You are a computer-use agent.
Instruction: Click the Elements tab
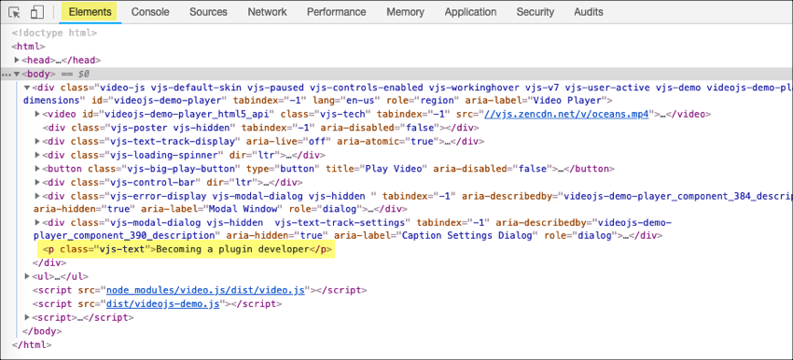(x=90, y=12)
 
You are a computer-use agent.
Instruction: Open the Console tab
(x=150, y=12)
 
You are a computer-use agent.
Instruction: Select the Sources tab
(x=208, y=12)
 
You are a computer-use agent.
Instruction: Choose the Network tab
(x=267, y=12)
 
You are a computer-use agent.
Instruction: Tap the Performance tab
(x=336, y=12)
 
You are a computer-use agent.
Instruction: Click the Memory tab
(x=405, y=12)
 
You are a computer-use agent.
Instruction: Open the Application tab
(x=470, y=12)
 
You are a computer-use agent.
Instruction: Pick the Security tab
(x=536, y=12)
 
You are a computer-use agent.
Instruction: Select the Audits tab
(x=589, y=12)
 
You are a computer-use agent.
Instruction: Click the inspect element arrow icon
(x=15, y=12)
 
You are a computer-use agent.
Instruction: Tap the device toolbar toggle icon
(x=37, y=12)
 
